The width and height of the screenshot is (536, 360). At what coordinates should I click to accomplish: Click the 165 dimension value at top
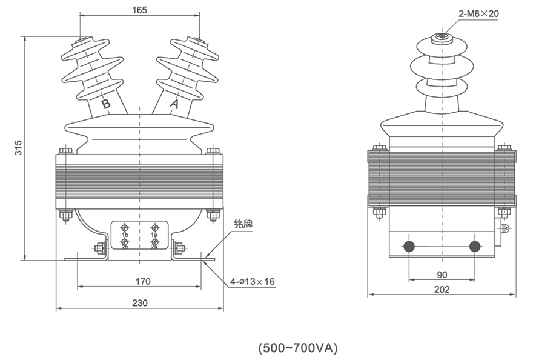(139, 10)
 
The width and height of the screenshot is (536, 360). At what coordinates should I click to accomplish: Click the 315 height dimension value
(18, 147)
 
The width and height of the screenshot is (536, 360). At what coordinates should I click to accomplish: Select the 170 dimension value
(143, 281)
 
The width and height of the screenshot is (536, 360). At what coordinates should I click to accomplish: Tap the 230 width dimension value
(140, 303)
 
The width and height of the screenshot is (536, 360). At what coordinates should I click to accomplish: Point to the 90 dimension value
(442, 275)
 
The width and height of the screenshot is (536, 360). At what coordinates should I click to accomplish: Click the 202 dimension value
(442, 290)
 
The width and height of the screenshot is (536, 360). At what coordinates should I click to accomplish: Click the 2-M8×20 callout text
(478, 14)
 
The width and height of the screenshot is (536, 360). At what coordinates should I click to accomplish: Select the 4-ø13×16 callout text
(253, 282)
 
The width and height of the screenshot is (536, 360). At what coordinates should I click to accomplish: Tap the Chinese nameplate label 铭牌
(243, 224)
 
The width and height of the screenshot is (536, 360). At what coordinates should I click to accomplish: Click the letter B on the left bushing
(107, 104)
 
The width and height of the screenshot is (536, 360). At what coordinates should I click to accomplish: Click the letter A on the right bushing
(174, 104)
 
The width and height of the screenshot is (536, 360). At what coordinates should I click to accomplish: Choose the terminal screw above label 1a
(154, 227)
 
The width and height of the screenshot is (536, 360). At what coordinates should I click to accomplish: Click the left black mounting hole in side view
(409, 247)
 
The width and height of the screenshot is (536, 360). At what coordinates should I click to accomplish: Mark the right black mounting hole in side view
(475, 247)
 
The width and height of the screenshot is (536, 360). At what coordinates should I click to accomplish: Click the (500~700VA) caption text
(298, 348)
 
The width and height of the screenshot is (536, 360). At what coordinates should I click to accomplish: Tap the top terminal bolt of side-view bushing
(442, 38)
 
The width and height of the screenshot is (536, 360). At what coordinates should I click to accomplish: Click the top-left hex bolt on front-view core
(65, 151)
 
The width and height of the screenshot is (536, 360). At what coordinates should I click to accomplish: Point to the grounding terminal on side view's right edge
(505, 228)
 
